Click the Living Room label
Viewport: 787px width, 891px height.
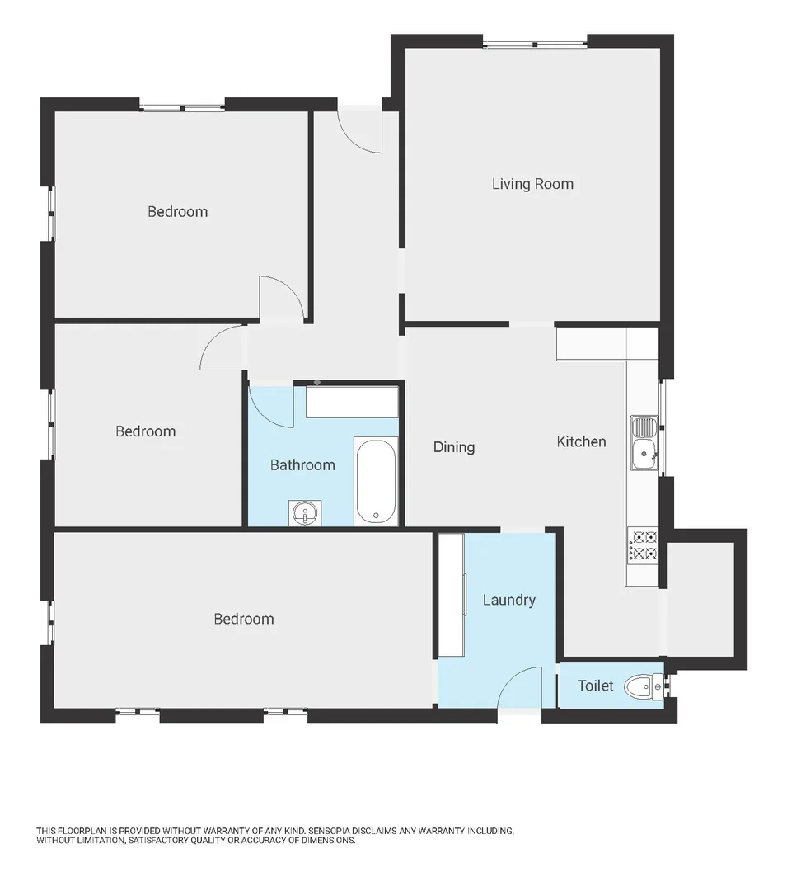(x=532, y=184)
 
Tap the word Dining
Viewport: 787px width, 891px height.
(x=454, y=447)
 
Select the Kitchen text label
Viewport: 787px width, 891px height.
(x=581, y=442)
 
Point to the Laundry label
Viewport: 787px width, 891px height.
(x=508, y=601)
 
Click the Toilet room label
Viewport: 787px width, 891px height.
(x=595, y=686)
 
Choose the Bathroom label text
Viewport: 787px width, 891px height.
(x=302, y=465)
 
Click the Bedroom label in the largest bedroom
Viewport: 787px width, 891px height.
(x=243, y=620)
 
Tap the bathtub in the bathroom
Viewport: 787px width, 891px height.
(x=375, y=481)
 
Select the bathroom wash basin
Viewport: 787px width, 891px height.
(x=305, y=513)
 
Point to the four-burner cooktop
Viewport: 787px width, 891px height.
(x=643, y=544)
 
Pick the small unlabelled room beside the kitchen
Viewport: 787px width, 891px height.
(x=700, y=599)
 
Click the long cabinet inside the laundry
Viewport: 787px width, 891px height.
(x=451, y=595)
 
